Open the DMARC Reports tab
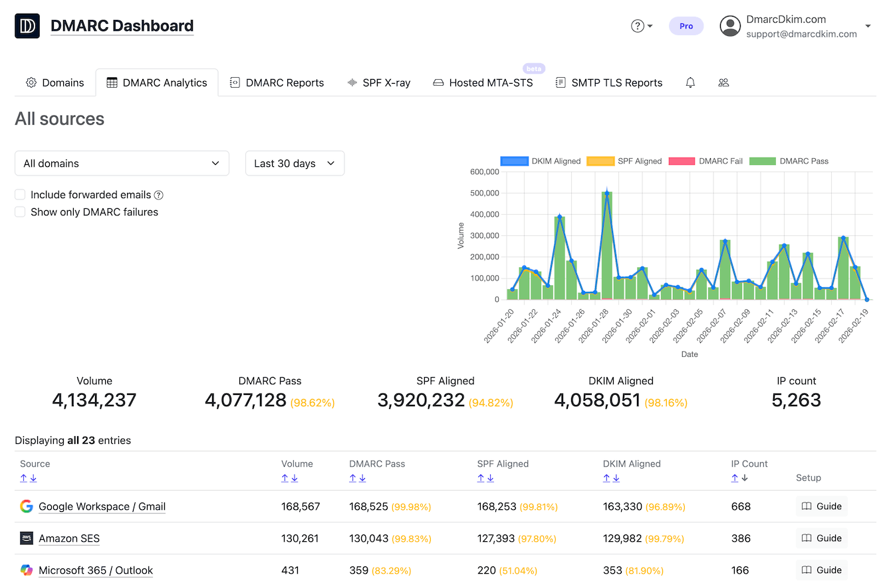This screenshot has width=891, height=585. [277, 83]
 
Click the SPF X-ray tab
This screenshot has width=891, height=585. [378, 83]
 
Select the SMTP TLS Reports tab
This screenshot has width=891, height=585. [608, 83]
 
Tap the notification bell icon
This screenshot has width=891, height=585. [690, 83]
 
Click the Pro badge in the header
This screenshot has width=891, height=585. [686, 26]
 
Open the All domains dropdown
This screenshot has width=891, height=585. [122, 164]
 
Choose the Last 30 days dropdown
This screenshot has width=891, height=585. [295, 164]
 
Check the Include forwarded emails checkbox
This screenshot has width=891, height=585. [20, 195]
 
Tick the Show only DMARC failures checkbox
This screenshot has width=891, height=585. [20, 212]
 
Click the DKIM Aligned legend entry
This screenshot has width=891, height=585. [541, 161]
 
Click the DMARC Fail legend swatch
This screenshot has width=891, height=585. [681, 161]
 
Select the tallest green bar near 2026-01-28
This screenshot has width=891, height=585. [606, 246]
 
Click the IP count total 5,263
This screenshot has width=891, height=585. [796, 400]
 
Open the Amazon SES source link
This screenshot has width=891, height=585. [69, 538]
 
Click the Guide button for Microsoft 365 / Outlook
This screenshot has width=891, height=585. [822, 570]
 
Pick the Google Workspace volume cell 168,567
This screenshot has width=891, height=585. [301, 507]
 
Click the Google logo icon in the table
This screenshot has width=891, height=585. [27, 507]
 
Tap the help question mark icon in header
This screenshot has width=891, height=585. [637, 26]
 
